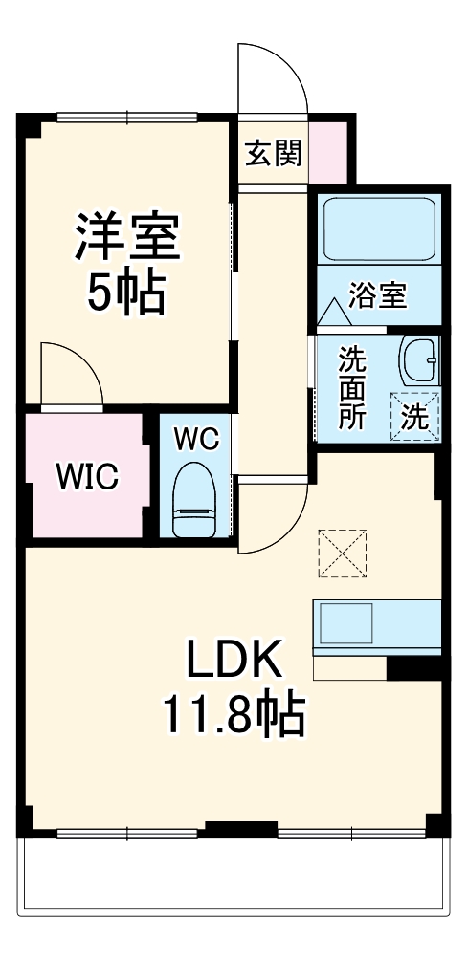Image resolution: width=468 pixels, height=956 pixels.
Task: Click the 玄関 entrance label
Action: tap(273, 153)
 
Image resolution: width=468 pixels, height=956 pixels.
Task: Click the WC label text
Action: tap(196, 440)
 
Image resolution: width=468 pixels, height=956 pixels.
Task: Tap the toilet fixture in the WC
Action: tap(196, 502)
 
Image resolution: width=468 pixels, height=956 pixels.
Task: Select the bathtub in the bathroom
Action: tap(379, 228)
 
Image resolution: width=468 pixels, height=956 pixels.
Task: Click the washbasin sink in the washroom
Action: tap(418, 361)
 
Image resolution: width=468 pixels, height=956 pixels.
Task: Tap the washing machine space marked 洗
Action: tap(414, 416)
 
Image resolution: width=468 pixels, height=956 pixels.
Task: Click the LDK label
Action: tap(233, 659)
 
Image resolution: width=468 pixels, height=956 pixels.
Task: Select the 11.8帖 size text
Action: tap(233, 714)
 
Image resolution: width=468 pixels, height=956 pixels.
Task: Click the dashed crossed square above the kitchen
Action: tap(342, 553)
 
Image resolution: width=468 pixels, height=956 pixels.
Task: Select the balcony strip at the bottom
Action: tap(234, 875)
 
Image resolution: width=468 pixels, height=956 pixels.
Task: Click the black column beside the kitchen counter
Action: tap(412, 667)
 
